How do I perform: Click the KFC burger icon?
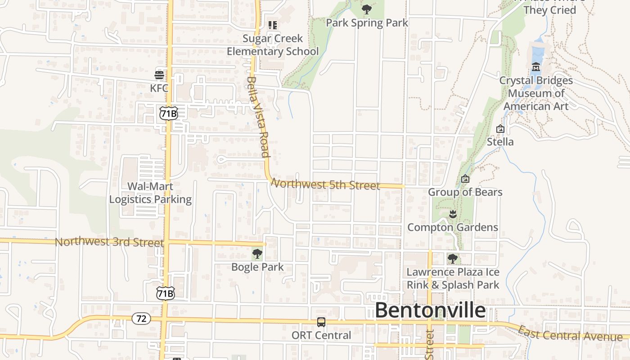tap(159, 75)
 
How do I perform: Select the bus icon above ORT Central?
tap(321, 322)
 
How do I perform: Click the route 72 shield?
tap(141, 319)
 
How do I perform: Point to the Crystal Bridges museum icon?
tap(536, 67)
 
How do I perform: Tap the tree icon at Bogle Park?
tap(257, 254)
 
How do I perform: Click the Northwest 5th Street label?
tap(326, 184)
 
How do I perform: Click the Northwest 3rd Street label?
tap(109, 242)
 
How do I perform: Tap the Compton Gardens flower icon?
tap(453, 214)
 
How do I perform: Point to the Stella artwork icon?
tap(500, 129)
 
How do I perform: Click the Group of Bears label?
tap(465, 192)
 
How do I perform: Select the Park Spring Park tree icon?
tap(367, 9)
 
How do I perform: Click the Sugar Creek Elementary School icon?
tap(272, 25)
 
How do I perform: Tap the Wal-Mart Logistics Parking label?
tap(150, 193)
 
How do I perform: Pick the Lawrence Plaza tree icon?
tap(453, 259)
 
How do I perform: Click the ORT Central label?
tap(321, 335)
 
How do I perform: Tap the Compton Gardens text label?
tap(453, 227)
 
